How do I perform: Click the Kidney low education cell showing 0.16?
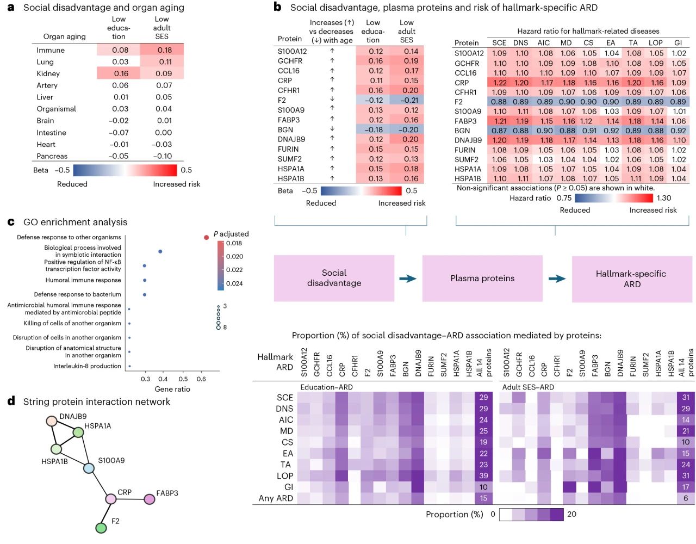121,73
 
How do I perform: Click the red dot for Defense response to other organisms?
206,237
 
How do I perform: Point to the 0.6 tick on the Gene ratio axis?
201,379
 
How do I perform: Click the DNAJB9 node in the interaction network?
52,421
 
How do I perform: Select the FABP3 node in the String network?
149,499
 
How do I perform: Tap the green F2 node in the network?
101,528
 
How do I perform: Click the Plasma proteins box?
482,279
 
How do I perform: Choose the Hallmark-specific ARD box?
631,279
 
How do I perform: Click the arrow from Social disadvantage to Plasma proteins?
408,279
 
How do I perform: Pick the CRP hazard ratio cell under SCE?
499,83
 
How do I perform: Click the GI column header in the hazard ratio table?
678,43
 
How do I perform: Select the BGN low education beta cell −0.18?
374,129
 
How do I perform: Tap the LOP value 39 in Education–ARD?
483,476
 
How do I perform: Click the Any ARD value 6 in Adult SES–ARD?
686,498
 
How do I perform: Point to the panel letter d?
11,401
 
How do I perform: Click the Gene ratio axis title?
172,389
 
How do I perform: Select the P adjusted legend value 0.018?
234,243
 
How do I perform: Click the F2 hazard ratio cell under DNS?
520,102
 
